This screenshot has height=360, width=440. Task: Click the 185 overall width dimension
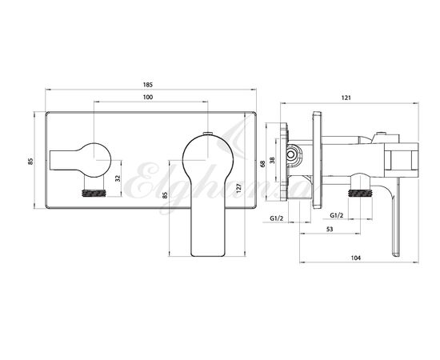coord(148,85)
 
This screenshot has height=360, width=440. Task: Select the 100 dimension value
coord(148,97)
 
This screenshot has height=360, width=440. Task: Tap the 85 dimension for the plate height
coord(30,162)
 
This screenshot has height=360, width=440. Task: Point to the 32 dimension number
coord(118,178)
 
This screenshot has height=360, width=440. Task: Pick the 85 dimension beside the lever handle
coord(165,195)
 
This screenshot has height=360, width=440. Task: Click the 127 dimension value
coord(239,187)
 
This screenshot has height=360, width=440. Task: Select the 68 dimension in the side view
coord(262,163)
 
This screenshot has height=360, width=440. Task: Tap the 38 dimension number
coord(272,160)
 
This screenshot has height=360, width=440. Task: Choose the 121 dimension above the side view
coord(346,98)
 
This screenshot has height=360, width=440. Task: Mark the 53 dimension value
coord(330,229)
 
